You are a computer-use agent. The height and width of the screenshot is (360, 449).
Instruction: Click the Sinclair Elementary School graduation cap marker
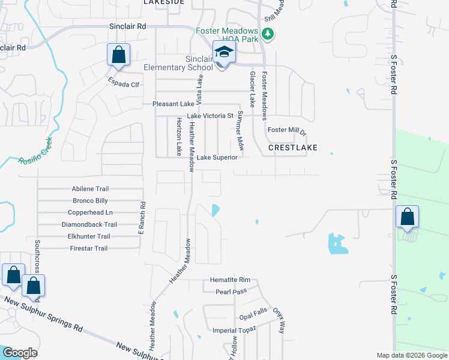(224, 53)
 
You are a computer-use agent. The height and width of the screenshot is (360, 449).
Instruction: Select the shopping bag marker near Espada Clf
(119, 55)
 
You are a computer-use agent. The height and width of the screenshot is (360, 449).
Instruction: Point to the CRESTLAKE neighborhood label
(292, 147)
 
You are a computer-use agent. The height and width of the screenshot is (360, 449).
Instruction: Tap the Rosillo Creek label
(35, 151)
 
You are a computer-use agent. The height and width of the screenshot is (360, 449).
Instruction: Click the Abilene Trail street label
(90, 188)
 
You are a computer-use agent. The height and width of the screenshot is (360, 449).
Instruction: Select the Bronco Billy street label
(90, 200)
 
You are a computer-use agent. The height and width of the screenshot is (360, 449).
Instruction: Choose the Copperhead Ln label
(90, 212)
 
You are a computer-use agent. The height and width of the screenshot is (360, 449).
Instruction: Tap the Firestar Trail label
(89, 248)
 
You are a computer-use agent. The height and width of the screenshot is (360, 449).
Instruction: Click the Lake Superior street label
(217, 157)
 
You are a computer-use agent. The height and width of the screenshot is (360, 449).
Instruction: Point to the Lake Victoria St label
(210, 116)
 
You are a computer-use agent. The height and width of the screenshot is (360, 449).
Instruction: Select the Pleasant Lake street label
(173, 104)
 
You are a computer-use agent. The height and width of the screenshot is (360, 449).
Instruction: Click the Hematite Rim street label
(230, 280)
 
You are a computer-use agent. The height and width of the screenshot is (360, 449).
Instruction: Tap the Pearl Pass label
(231, 292)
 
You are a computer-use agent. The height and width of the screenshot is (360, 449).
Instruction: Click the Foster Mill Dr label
(287, 130)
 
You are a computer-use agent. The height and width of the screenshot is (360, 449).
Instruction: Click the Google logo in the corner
(20, 353)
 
